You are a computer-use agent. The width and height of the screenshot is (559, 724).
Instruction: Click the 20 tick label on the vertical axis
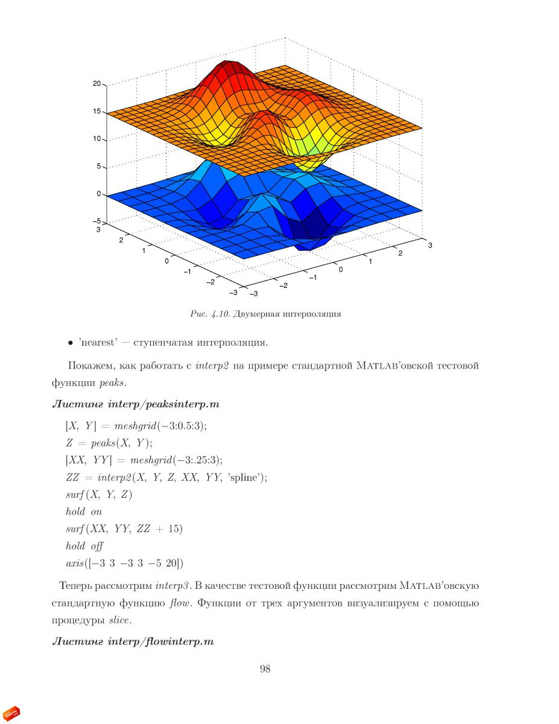click(96, 83)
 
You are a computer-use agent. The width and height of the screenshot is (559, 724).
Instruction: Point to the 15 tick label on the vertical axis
click(96, 111)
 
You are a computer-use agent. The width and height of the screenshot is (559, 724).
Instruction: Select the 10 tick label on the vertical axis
click(96, 139)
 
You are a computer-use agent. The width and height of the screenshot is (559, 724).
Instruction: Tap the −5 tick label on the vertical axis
click(96, 221)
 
